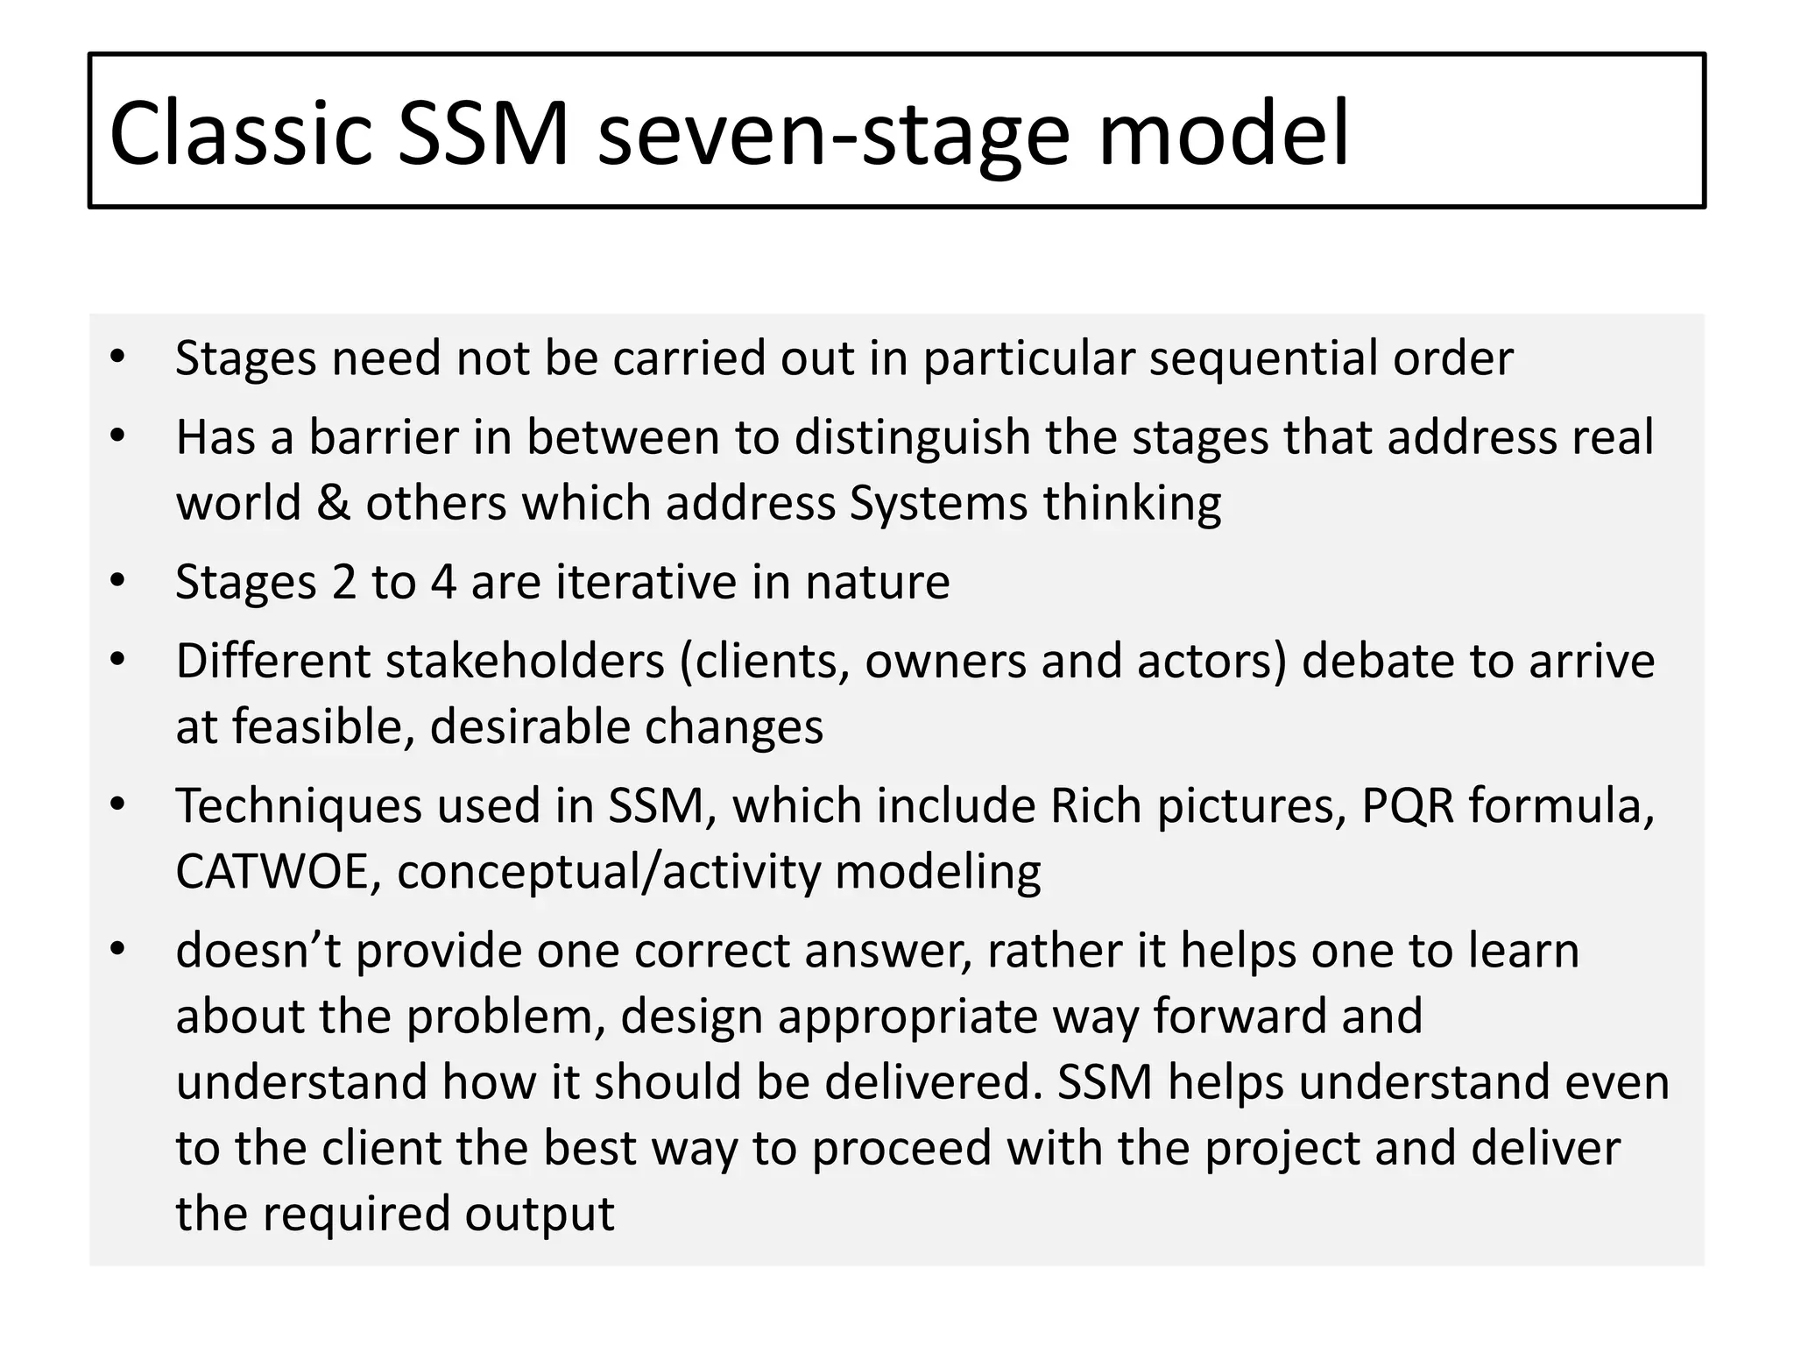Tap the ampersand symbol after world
333,504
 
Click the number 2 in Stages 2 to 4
344,582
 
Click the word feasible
323,727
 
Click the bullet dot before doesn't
118,949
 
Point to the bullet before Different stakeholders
118,660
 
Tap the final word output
540,1214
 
